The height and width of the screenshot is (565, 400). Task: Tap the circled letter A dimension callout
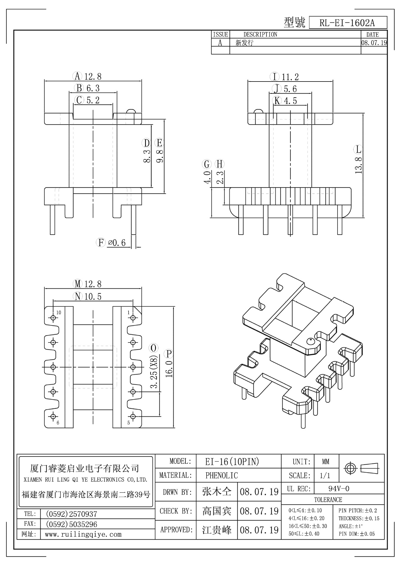77,76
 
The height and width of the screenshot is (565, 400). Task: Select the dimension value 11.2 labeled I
290,77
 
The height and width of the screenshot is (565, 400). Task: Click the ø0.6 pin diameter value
117,243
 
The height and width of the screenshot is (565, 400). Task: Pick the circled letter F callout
101,243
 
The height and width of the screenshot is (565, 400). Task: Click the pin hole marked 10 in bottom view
53,318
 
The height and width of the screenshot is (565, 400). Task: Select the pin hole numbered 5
133,416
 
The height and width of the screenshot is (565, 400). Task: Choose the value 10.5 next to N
93,297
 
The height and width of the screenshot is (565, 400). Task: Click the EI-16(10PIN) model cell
232,462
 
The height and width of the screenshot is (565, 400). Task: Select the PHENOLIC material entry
221,476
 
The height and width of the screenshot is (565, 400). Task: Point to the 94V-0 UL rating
339,489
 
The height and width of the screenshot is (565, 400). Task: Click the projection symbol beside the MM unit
361,468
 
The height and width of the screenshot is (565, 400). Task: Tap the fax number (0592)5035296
71,524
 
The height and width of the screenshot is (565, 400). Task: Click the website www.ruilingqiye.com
83,534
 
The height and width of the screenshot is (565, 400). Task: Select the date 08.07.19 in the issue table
374,43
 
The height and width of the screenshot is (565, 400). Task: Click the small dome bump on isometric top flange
310,341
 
